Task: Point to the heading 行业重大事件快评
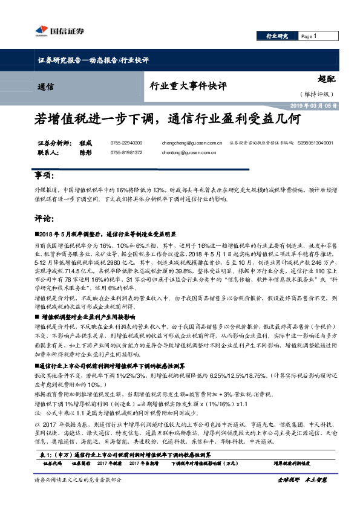[x=188, y=86]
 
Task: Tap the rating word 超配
[x=326, y=79]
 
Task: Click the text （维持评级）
[x=315, y=94]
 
